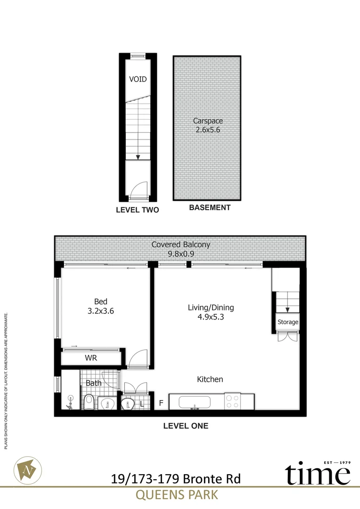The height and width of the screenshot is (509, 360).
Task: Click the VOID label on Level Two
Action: point(138,79)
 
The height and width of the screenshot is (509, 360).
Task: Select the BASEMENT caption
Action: point(210,207)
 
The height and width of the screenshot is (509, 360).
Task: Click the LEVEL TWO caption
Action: point(137,210)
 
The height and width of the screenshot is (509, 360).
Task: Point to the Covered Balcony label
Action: point(180,245)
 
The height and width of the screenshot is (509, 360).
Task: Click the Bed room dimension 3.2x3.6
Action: point(101,311)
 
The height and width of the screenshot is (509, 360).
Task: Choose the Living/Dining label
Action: point(211,308)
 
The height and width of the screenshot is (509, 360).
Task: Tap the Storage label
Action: point(287,322)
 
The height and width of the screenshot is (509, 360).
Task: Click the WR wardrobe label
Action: point(91,358)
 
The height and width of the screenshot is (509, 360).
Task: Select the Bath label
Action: point(93,383)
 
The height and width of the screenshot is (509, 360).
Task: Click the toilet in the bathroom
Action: point(88,402)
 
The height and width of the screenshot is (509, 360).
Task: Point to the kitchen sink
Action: point(194,402)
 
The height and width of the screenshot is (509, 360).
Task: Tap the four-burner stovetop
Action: point(232,401)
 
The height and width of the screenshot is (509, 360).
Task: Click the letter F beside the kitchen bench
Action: point(161,403)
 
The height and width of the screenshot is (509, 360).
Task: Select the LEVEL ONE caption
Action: point(185,426)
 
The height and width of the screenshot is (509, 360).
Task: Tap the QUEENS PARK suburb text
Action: point(177,495)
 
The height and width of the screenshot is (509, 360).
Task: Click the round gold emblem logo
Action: point(29,470)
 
